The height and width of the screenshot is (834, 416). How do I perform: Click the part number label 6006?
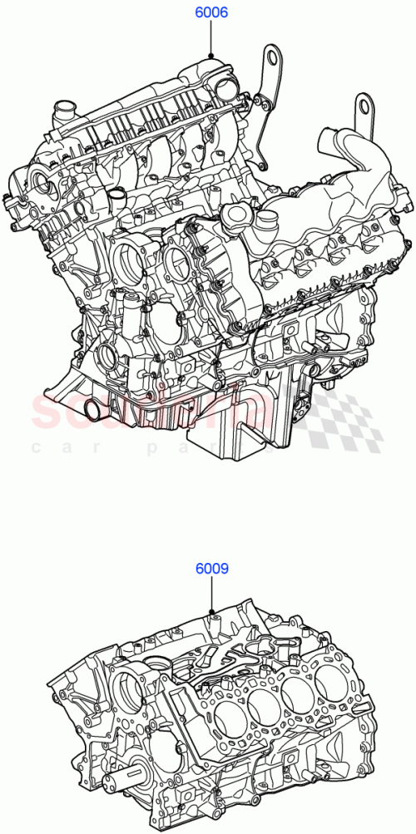(211, 13)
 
